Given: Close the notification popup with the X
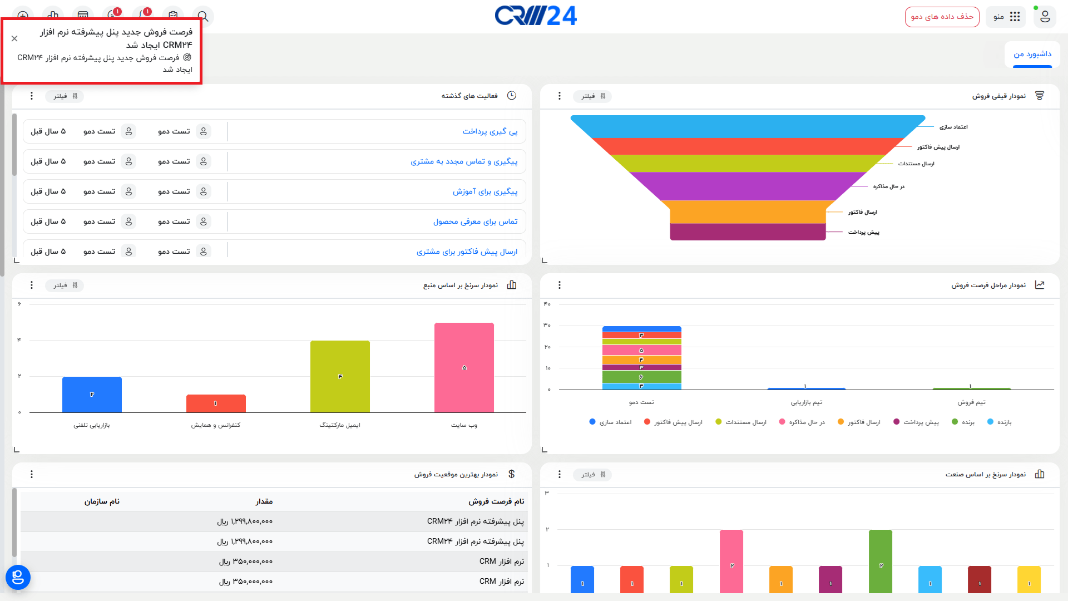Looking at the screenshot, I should point(14,38).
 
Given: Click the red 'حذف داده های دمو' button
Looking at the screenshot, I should point(942,17).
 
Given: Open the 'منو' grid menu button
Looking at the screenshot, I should point(1007,17).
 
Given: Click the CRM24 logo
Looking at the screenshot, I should point(536,16).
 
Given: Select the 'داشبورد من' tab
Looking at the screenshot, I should point(1032,55).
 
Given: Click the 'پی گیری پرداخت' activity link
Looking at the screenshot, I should point(489,132).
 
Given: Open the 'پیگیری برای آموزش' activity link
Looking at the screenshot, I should point(484,192).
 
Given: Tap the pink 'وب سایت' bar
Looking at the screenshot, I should point(464,367).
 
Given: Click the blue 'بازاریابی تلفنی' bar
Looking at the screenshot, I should point(92,394).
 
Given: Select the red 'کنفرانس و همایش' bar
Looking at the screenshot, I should point(216,403).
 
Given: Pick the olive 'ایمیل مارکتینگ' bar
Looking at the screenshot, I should point(340,376).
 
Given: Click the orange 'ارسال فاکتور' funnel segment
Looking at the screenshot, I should point(748,212).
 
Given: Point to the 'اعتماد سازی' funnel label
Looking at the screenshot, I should point(953,127).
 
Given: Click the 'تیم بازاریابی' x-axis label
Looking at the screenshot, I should point(806,402).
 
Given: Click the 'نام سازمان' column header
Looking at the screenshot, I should point(102,502).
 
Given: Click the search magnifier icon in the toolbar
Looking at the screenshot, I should point(203,16).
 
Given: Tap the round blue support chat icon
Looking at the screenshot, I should point(18,577).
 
